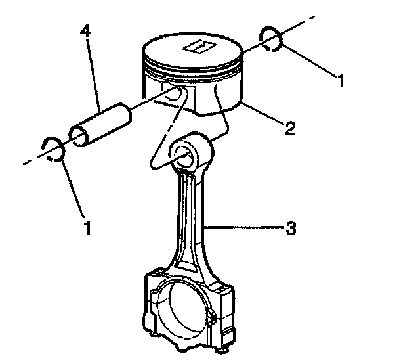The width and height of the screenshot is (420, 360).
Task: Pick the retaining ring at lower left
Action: point(52,148)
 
